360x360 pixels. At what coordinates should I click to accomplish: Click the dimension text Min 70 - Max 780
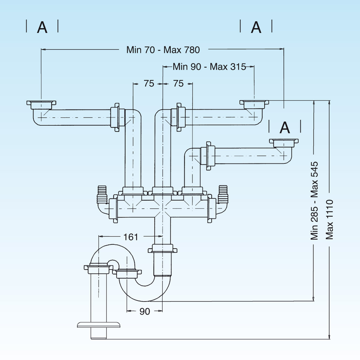(x=163, y=50)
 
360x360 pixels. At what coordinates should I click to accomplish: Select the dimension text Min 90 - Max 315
(x=209, y=67)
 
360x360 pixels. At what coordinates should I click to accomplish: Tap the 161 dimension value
(x=131, y=237)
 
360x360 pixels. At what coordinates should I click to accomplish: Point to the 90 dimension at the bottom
(x=145, y=311)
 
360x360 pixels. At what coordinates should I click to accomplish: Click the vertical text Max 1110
(x=330, y=219)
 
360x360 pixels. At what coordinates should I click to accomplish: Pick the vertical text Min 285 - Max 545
(x=314, y=201)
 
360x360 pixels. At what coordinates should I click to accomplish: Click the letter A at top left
(x=42, y=28)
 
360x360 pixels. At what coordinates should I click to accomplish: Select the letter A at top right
(x=256, y=28)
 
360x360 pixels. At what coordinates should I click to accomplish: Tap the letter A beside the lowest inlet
(x=285, y=128)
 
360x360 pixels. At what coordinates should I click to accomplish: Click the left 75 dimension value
(x=149, y=83)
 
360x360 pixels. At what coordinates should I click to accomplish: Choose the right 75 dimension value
(x=178, y=83)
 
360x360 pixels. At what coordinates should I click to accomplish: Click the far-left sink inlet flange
(x=41, y=104)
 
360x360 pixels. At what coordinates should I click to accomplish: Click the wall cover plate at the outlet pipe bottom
(x=99, y=324)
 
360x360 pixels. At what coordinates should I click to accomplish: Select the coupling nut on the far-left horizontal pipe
(x=115, y=117)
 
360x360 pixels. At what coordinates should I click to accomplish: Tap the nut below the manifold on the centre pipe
(x=162, y=249)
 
